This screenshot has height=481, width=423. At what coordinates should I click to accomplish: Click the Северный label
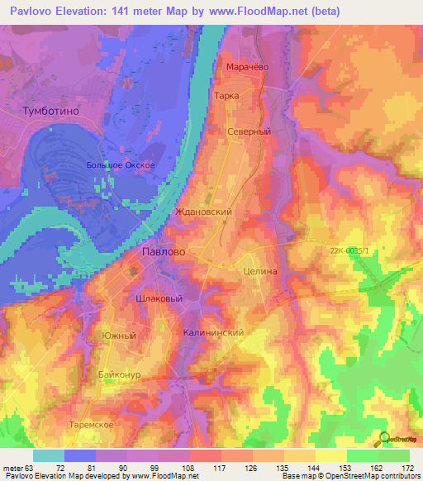tap(250, 131)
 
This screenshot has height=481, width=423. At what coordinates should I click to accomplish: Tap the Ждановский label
tap(203, 212)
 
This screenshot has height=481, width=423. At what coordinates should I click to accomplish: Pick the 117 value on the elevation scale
tap(220, 467)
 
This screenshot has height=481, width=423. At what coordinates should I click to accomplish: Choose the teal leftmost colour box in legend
tap(49, 455)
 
